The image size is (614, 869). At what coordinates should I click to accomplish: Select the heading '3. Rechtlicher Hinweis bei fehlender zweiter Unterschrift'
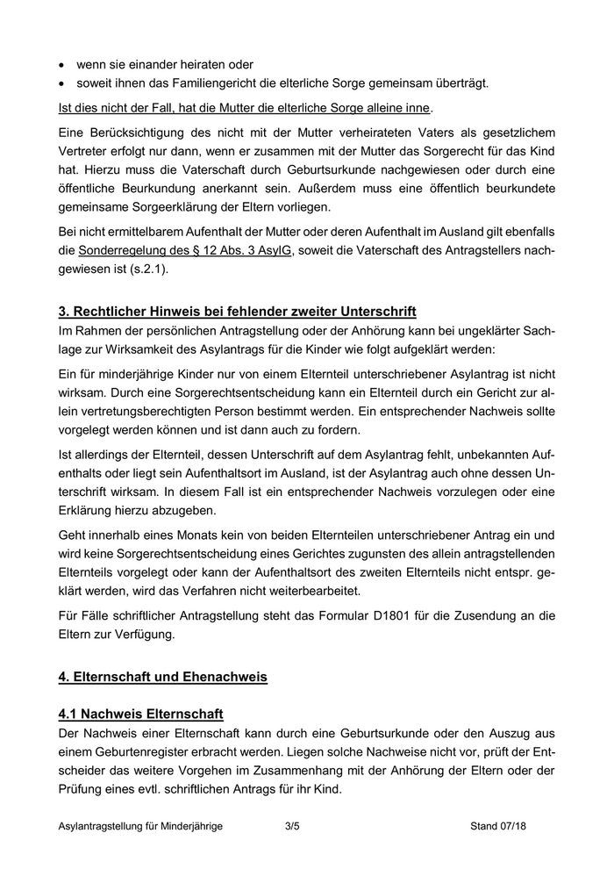pyautogui.click(x=237, y=312)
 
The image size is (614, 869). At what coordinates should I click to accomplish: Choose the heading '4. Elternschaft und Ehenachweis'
pyautogui.click(x=162, y=679)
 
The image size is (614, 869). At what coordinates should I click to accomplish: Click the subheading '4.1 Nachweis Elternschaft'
pyautogui.click(x=140, y=712)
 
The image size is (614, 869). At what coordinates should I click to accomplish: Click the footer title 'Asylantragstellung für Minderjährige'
pyautogui.click(x=140, y=827)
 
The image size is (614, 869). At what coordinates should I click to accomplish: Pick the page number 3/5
pyautogui.click(x=293, y=827)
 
